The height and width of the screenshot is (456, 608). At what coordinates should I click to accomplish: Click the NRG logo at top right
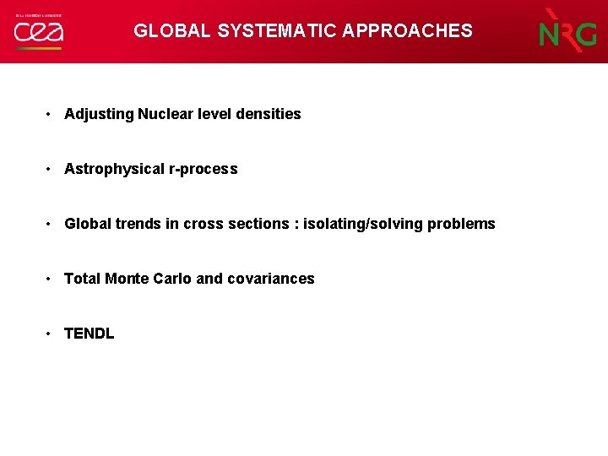tap(568, 32)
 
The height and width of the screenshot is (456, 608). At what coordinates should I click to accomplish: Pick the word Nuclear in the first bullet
tap(166, 114)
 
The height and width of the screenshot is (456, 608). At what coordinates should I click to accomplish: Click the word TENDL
tap(89, 334)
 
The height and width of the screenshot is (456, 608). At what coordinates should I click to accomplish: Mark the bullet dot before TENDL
tap(51, 334)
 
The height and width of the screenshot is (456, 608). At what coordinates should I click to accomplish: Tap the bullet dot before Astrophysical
tap(51, 169)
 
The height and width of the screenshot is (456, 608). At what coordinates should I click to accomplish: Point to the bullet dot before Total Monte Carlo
tap(51, 279)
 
